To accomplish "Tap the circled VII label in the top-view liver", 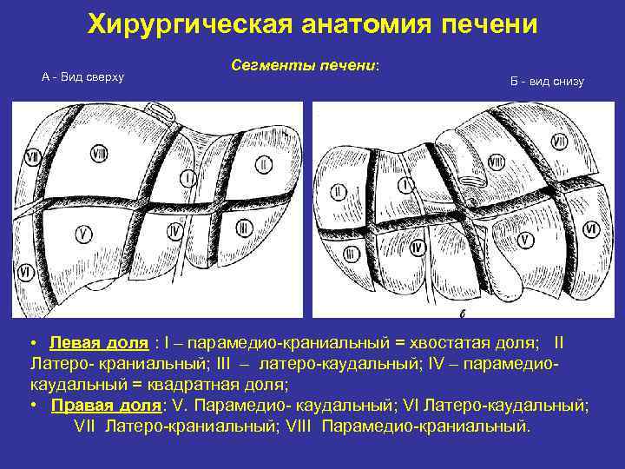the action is [32, 158].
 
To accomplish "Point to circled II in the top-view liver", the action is [263, 163].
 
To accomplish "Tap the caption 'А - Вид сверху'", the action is [83, 77].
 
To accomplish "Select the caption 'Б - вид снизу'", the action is [547, 82].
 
